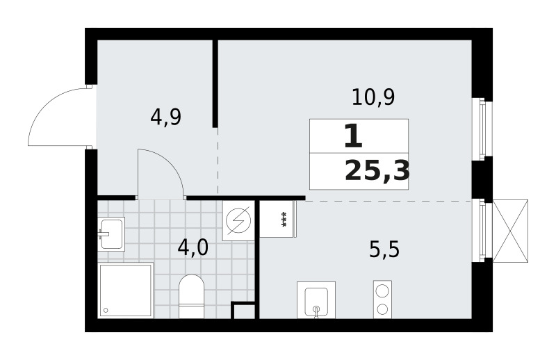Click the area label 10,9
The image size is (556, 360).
pos(373,97)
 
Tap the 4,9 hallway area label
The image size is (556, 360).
pos(166,117)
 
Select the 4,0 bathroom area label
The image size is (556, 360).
pos(193,247)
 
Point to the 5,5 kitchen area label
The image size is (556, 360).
pos(384,249)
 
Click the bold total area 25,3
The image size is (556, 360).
pos(377,170)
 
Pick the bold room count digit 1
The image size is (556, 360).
pos(353,136)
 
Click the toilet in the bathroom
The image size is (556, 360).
pos(192,297)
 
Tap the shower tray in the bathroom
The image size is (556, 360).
pos(126,291)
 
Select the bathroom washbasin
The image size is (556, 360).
pos(111,234)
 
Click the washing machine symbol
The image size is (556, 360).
pos(238,220)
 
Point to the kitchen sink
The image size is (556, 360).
pos(316,300)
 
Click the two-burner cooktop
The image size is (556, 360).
pos(382,300)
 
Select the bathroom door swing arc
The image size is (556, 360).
pos(170,164)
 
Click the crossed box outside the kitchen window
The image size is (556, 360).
pos(510,231)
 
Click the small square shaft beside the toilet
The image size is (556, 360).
pos(243,310)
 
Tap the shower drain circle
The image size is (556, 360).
pos(106,311)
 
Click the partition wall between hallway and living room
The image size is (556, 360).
pos(215,83)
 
